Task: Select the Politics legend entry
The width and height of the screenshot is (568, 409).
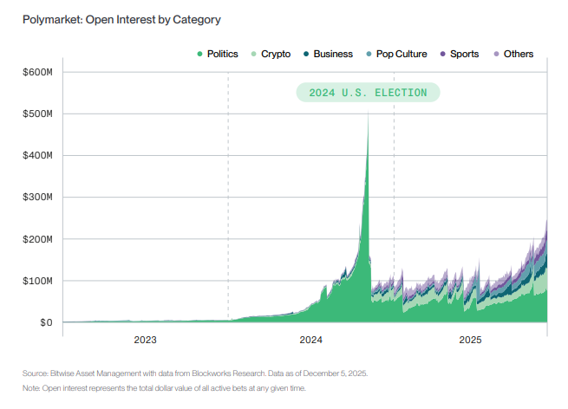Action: click(x=218, y=54)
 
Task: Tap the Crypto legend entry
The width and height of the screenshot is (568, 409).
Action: click(x=271, y=54)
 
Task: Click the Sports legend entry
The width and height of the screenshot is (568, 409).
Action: click(x=460, y=54)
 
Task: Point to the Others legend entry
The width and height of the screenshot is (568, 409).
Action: click(x=513, y=54)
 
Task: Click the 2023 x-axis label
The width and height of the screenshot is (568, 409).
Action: click(x=145, y=341)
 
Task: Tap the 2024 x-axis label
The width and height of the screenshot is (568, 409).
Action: click(x=310, y=341)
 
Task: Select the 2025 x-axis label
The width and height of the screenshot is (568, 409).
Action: click(x=470, y=341)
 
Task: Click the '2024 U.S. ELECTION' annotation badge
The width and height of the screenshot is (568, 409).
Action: click(x=368, y=92)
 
